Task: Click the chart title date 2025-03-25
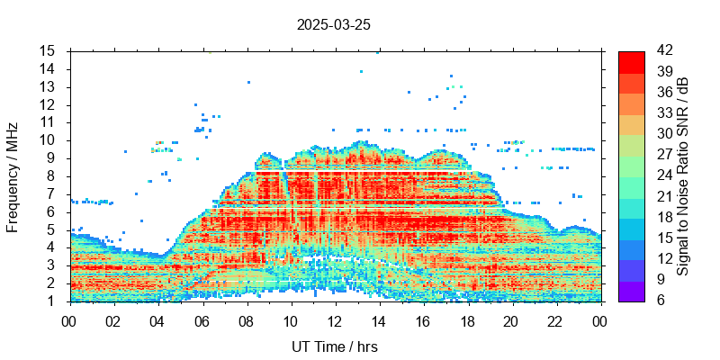click(x=333, y=25)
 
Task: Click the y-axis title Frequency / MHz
click(x=13, y=176)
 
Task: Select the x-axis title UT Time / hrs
click(x=335, y=346)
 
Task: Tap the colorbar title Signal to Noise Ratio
click(x=683, y=176)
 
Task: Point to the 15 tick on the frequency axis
click(x=49, y=50)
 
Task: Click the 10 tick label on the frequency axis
click(x=49, y=140)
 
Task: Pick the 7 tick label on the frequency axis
click(x=52, y=193)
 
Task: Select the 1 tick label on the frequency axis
click(x=52, y=301)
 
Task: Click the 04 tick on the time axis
click(x=157, y=319)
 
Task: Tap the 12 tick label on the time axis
click(x=335, y=319)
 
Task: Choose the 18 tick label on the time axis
click(x=467, y=319)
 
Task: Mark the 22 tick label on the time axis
click(x=556, y=319)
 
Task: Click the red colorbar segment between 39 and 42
click(x=632, y=61)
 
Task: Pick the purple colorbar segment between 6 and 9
click(x=632, y=290)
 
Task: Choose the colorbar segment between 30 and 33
click(x=632, y=123)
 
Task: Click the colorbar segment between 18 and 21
click(x=632, y=207)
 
